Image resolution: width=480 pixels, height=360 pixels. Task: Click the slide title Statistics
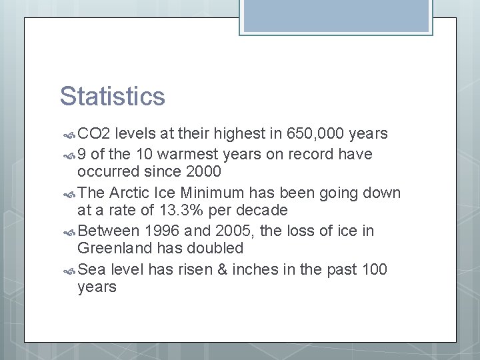[x=112, y=96]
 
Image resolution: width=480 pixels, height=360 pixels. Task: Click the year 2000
[x=203, y=172]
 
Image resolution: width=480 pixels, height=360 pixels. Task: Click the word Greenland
[x=111, y=249]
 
